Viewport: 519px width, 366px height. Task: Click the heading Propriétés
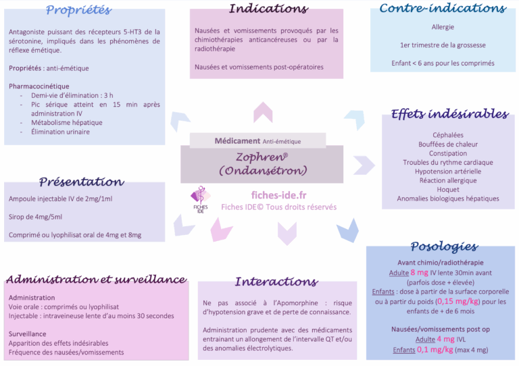tap(78, 10)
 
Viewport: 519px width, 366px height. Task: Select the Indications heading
tap(268, 9)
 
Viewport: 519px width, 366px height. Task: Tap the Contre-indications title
tap(443, 9)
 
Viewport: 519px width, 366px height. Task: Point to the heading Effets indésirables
tap(449, 114)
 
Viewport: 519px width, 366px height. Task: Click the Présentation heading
tap(81, 182)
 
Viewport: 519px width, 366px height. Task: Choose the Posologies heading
tap(444, 246)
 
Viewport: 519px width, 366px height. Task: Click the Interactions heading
tap(276, 282)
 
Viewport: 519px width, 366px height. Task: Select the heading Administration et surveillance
tap(96, 280)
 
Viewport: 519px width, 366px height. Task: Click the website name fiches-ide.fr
tap(278, 194)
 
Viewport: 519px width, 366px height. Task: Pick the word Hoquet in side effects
tap(448, 190)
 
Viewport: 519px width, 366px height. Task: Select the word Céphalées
tap(448, 135)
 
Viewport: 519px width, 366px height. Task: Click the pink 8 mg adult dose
tap(420, 272)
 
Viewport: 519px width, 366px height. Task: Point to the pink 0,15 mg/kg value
tap(453, 301)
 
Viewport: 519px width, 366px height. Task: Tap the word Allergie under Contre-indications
tap(443, 27)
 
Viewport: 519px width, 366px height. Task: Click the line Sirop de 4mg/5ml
tap(36, 217)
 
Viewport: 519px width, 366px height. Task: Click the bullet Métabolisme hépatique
tap(67, 123)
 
